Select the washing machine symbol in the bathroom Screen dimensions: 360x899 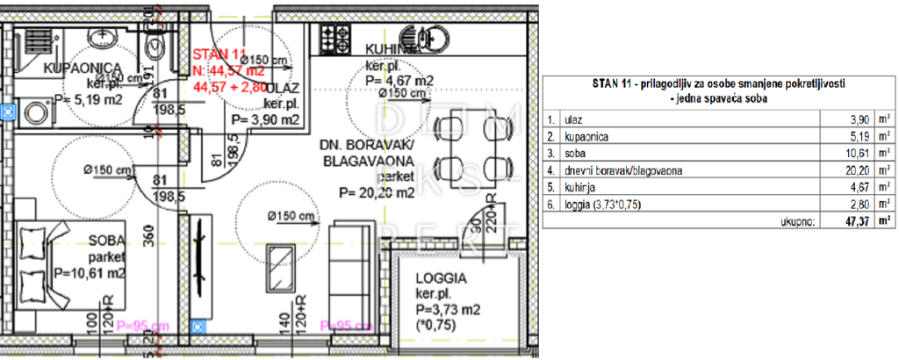pos(35,112)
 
